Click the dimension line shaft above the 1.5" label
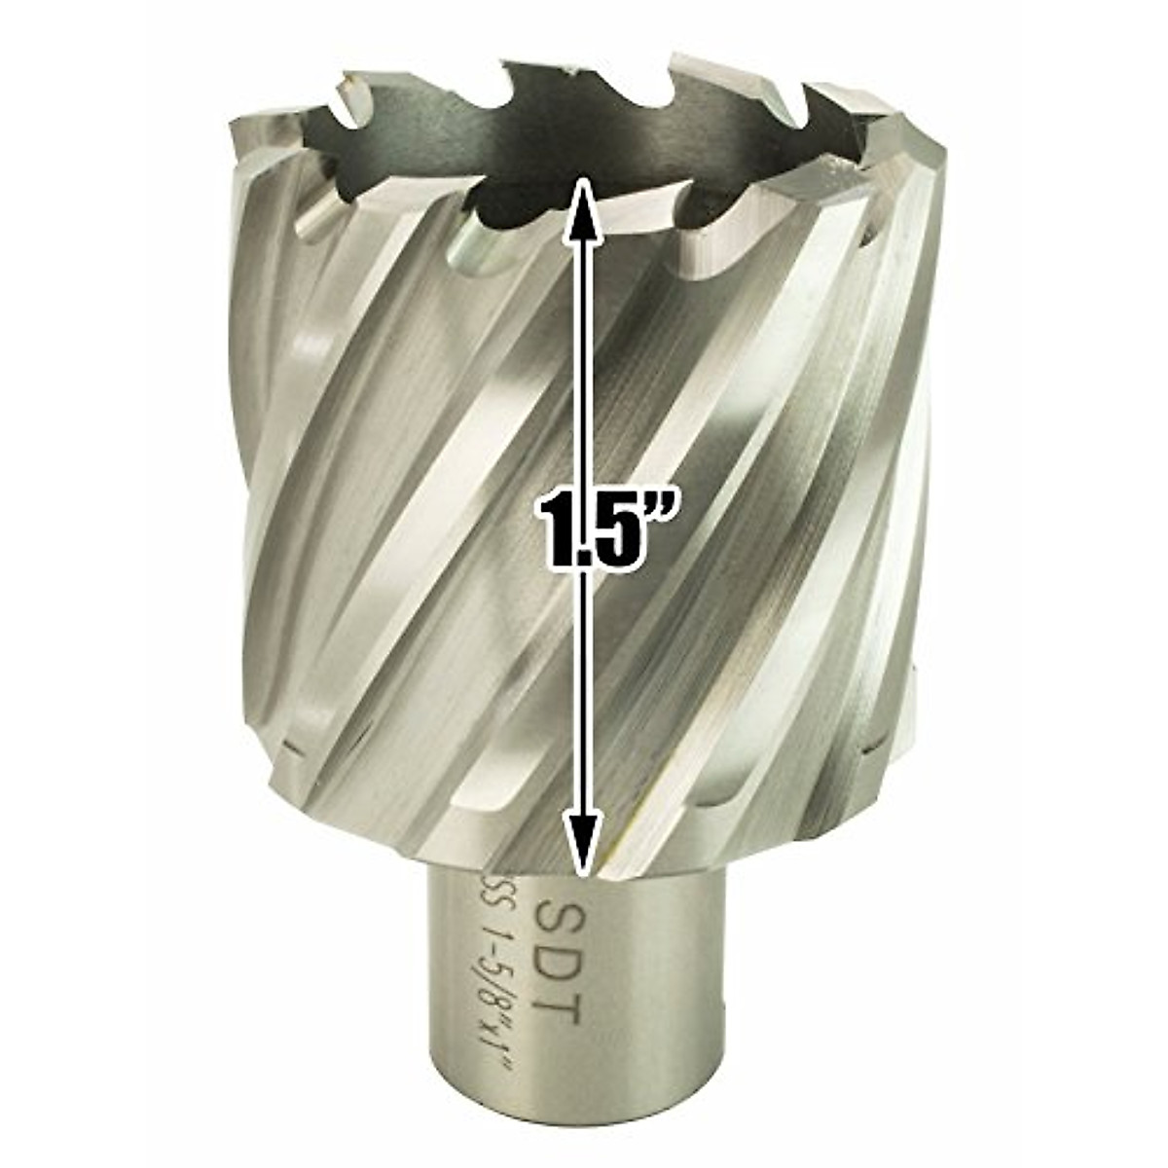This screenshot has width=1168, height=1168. coord(582,341)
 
